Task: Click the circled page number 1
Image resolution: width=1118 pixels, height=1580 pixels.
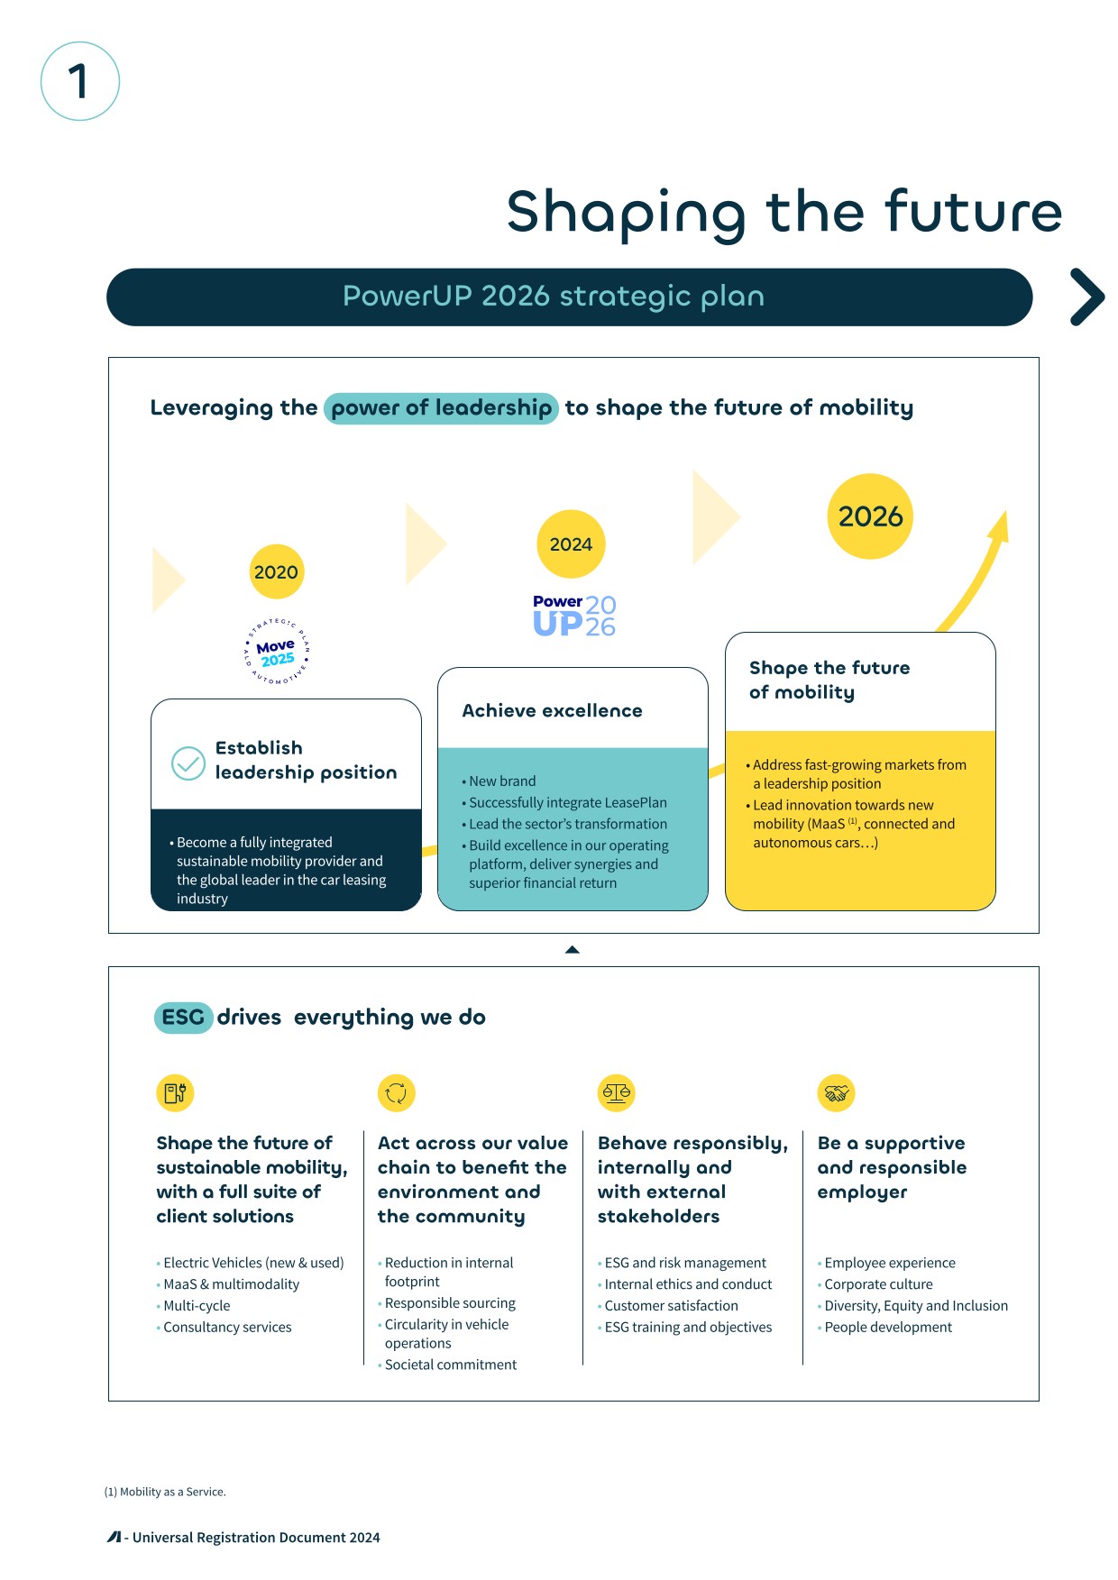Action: (80, 81)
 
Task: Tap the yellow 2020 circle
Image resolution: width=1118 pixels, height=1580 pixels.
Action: (276, 571)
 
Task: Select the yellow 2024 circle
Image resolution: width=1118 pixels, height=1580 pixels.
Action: (571, 544)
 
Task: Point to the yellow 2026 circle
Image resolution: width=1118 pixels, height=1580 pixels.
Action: (870, 516)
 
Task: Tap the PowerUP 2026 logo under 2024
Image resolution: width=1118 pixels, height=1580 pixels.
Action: (574, 616)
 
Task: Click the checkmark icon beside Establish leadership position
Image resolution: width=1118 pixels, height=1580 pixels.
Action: (188, 763)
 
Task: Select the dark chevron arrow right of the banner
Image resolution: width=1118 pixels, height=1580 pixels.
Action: (1087, 297)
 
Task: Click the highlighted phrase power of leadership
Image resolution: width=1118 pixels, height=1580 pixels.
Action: (441, 408)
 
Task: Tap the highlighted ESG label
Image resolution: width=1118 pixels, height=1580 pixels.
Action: (183, 1018)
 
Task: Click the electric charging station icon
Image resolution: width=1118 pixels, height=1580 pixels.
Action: (175, 1093)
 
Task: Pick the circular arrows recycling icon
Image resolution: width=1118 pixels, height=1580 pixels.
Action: (396, 1093)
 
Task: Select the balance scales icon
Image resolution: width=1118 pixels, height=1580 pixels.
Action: (617, 1093)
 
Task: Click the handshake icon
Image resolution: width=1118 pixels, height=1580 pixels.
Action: (836, 1093)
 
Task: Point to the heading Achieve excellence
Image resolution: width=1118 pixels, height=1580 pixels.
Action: (552, 711)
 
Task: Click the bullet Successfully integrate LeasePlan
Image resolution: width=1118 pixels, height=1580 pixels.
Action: (564, 803)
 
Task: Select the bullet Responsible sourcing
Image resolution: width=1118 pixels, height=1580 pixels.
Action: (447, 1303)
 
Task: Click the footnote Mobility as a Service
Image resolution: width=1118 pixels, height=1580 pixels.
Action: (165, 1493)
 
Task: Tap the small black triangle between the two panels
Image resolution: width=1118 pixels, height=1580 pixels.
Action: (572, 949)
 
